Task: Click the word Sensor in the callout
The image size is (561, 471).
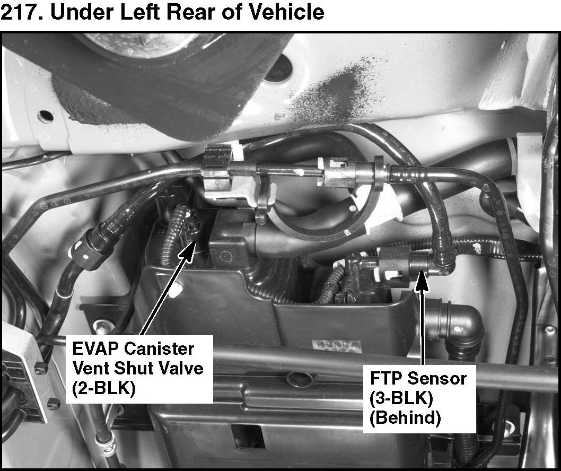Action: [x=436, y=378]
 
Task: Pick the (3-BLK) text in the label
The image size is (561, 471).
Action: [x=401, y=398]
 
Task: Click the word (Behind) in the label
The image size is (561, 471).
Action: [x=405, y=418]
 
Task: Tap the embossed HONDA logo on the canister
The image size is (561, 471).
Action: [x=336, y=345]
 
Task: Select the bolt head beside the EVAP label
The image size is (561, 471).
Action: [x=102, y=325]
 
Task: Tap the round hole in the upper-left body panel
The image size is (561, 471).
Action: [x=46, y=115]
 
